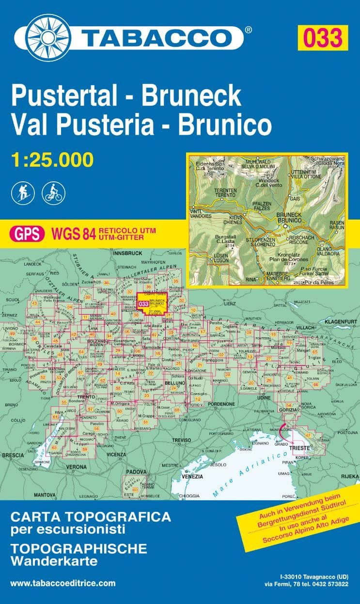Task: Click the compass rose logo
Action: coord(48,36)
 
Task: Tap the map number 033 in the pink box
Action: coord(322,38)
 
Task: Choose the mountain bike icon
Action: coord(52,192)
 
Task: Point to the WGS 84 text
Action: coord(73,234)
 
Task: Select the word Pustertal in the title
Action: coord(62,95)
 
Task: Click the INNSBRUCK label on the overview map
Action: coord(126,253)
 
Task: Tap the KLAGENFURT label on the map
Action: coord(338,321)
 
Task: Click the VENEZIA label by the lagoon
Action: coord(192,477)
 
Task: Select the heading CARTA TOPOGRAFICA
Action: coord(91,517)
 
